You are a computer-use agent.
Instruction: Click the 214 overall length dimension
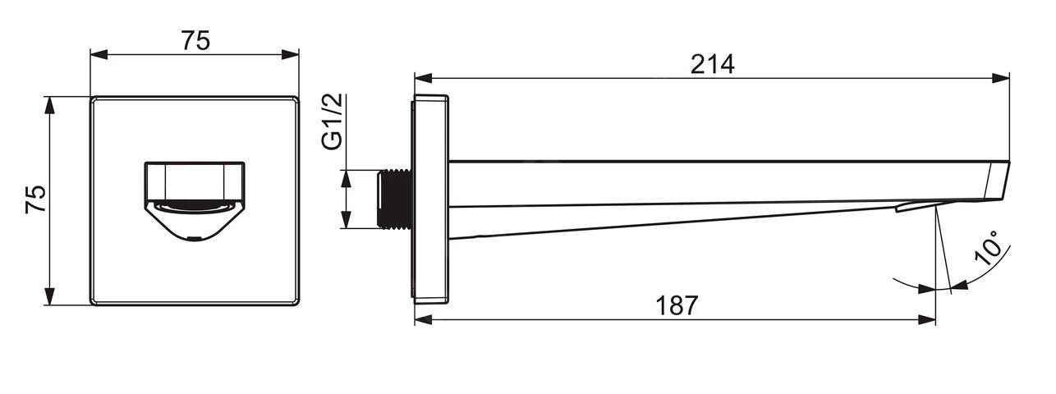tap(712, 65)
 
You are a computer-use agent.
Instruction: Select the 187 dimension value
tap(677, 306)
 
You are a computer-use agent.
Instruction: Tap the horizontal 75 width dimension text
tap(195, 40)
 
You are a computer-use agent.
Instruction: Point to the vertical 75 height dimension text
tap(36, 199)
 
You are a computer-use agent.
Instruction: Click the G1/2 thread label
tap(333, 121)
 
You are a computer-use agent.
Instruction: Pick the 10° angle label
tap(987, 248)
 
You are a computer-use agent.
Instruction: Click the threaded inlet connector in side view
tap(395, 199)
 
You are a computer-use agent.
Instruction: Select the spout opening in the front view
tap(195, 201)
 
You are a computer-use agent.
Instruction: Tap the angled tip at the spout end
tap(998, 181)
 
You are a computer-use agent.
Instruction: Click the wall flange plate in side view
tap(430, 199)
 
